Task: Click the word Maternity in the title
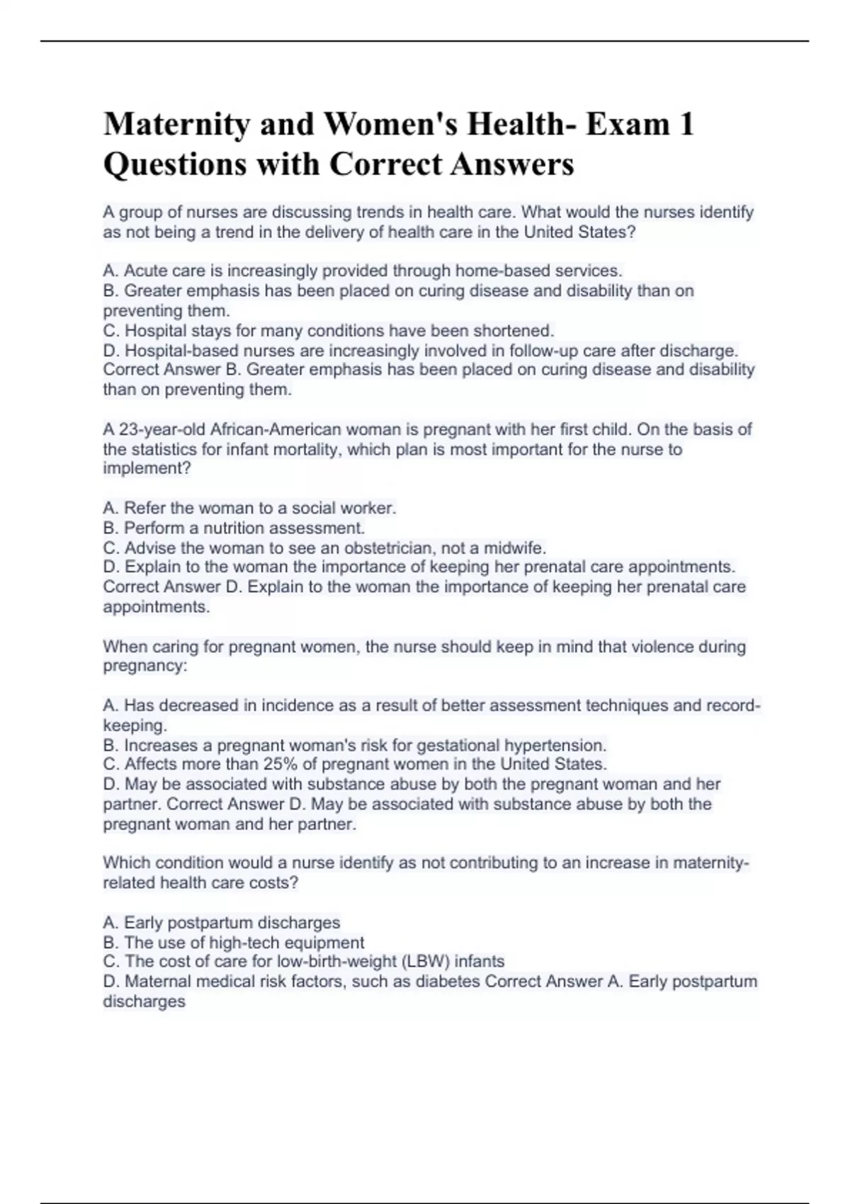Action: (176, 125)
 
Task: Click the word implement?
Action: (147, 468)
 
